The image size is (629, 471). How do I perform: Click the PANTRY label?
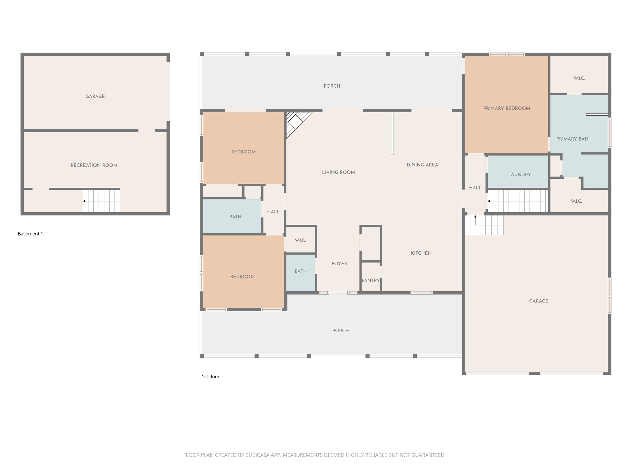[371, 281]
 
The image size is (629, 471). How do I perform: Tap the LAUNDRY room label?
[519, 174]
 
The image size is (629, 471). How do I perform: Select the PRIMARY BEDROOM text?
[506, 108]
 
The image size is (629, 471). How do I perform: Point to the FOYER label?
[339, 263]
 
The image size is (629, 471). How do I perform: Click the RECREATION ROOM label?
[94, 165]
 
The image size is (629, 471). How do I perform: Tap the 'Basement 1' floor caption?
[30, 234]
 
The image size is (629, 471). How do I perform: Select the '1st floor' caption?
[210, 377]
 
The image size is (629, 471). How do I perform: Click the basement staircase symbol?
[101, 201]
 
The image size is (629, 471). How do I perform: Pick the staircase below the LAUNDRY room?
[518, 201]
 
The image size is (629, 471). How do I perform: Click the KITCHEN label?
[421, 253]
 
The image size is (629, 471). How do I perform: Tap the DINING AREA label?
[422, 165]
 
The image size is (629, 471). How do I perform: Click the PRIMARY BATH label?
[573, 139]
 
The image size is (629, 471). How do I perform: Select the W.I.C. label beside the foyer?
[300, 240]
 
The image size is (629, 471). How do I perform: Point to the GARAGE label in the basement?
[95, 96]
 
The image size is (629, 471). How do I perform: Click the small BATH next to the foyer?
[300, 271]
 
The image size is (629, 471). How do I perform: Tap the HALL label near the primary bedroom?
[475, 188]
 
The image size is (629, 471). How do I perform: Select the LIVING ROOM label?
[338, 172]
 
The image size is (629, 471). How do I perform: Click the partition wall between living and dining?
[392, 133]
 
